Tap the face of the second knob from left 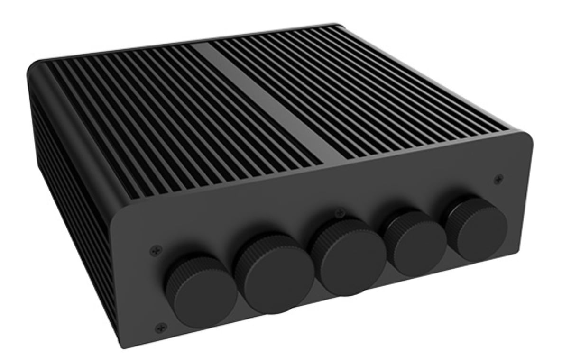point(275,283)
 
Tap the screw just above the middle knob point(338,213)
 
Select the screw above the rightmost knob point(498,179)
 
